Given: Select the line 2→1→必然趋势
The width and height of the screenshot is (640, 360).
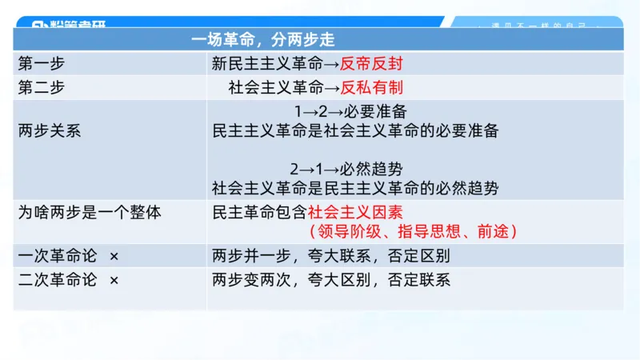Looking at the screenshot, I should (346, 170).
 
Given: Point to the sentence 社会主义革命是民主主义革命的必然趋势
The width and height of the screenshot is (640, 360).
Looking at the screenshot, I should (355, 189).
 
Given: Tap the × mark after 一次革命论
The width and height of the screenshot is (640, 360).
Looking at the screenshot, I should (114, 256).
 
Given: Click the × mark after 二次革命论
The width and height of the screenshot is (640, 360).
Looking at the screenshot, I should (114, 280).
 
